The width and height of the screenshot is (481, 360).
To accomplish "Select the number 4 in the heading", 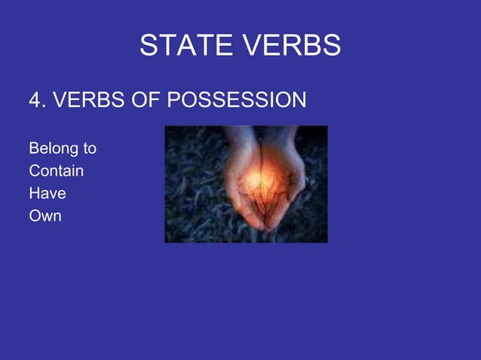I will click(x=34, y=100).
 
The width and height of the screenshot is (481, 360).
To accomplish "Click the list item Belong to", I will click(x=62, y=148).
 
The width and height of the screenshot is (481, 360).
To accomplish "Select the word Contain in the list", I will click(x=56, y=171).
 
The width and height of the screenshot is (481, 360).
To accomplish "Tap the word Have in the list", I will click(x=47, y=194).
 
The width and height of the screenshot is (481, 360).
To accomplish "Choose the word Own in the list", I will click(x=44, y=216).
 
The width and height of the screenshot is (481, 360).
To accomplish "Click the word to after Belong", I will click(x=88, y=148).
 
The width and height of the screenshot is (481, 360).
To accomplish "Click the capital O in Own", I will click(x=34, y=216).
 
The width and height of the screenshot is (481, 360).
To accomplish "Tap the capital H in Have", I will click(x=34, y=194).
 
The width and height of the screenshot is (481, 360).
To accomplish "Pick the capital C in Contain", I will click(x=34, y=171).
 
